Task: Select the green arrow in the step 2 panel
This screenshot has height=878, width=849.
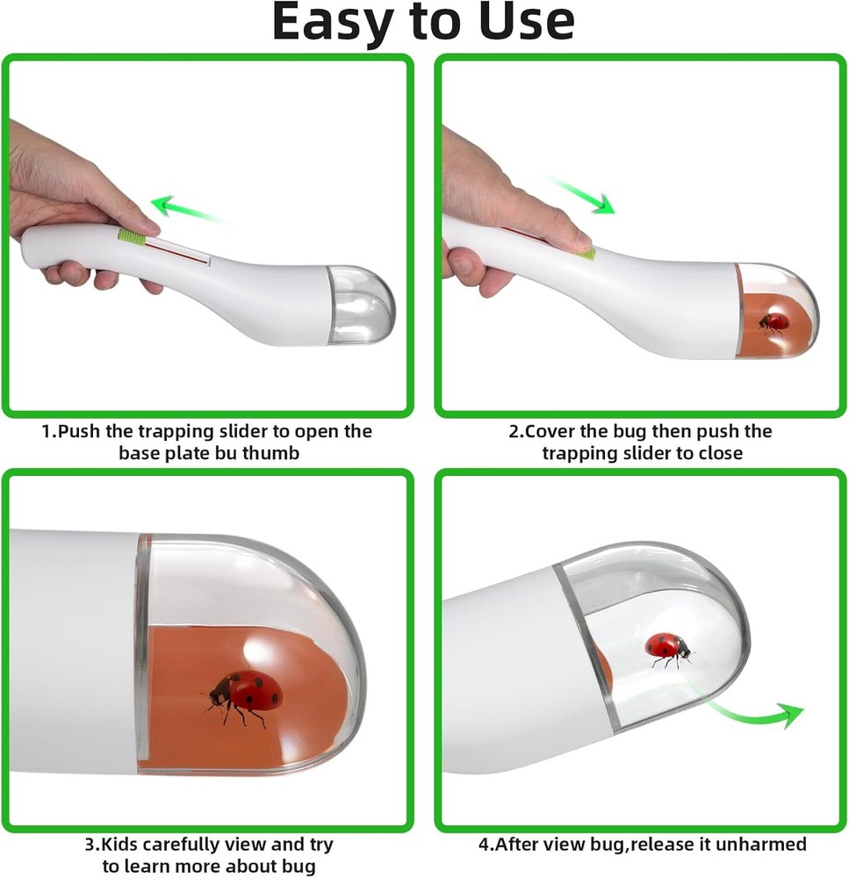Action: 579,193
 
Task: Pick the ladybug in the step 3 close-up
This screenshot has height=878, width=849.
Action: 243,696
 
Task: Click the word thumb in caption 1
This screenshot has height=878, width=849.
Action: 271,452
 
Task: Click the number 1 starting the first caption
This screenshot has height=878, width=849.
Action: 47,431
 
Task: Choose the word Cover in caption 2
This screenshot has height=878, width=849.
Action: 550,431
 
